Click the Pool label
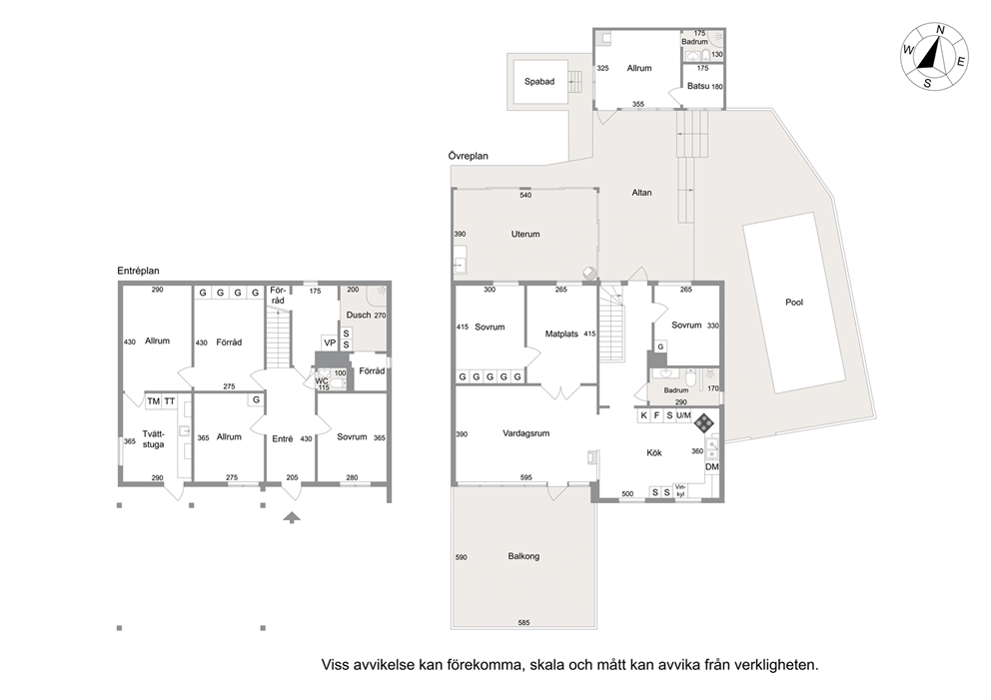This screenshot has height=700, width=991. pos(794,303)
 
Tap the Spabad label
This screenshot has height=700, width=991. pos(539,82)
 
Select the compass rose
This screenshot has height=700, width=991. pos(934,57)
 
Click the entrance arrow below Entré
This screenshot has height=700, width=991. pos(292,518)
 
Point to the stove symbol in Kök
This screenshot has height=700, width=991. pos(704,422)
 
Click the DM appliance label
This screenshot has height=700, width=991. pos(712,467)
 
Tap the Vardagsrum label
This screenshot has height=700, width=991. pos(525,433)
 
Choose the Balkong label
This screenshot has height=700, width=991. pos(523,556)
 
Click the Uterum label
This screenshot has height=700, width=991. pos(525,234)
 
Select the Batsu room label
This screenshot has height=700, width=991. pos(697,86)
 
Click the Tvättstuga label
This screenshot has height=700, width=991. pos(153,439)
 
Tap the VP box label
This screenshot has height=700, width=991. pos(330,343)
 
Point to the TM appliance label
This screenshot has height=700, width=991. pos(153,401)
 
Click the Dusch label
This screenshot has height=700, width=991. pos(359,315)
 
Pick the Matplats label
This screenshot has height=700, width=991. pos(561,334)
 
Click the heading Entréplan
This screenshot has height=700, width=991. pos(138,271)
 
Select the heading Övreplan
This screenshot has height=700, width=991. pos(468,156)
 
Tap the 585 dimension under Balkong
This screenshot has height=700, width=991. pos(523,622)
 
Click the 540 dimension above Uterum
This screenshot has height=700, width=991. pos(525,195)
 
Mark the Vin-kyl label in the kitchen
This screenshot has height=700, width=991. pos(680,490)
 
